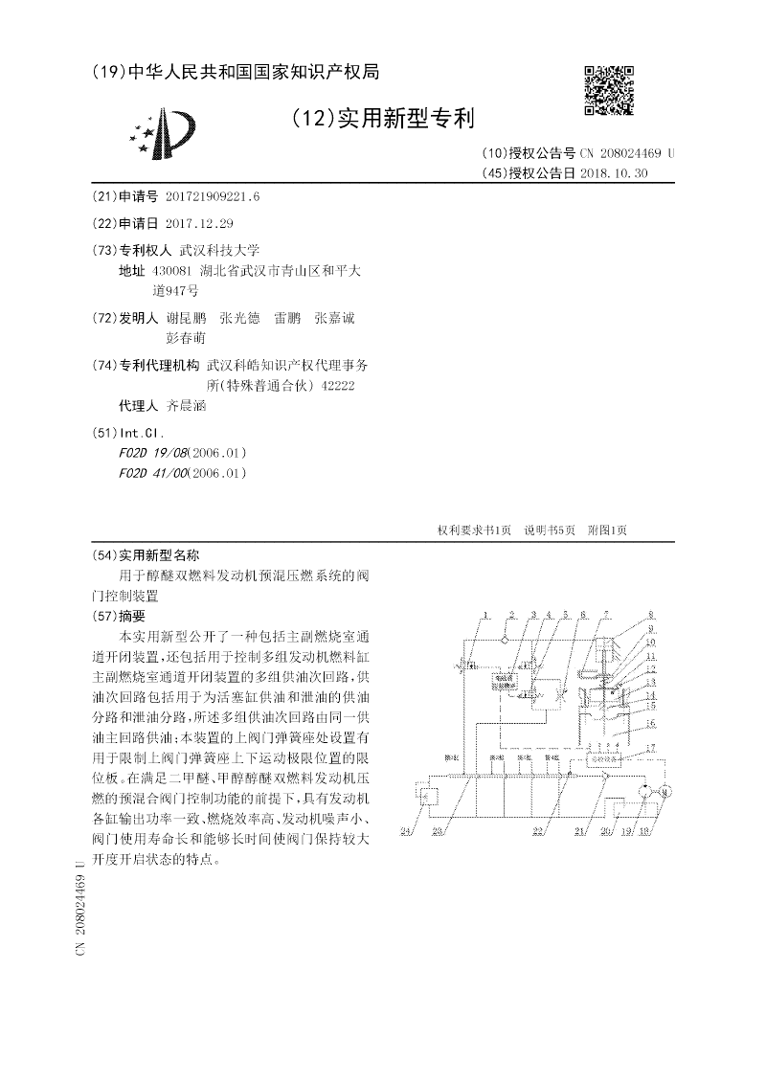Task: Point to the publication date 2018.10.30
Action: coord(615,173)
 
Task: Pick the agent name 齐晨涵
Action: coord(187,406)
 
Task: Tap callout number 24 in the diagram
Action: coord(406,831)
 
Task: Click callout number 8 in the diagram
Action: coord(650,616)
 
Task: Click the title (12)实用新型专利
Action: coord(383,119)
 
